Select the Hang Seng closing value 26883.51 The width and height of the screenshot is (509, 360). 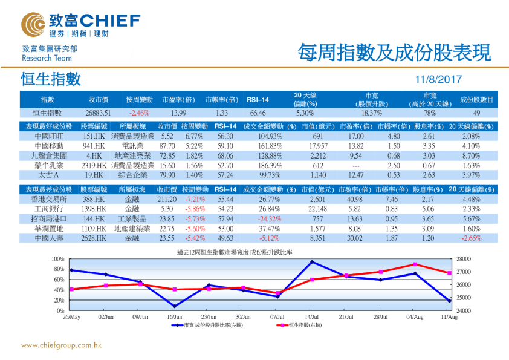pyautogui.click(x=98, y=113)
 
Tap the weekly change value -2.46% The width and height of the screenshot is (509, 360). pyautogui.click(x=139, y=113)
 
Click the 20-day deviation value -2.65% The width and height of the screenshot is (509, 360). pyautogui.click(x=471, y=238)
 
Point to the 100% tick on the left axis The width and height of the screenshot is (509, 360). pyautogui.click(x=58, y=258)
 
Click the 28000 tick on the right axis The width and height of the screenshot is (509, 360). pyautogui.click(x=463, y=258)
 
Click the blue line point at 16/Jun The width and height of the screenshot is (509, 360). pyautogui.click(x=174, y=306)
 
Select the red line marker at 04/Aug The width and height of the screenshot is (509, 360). pyautogui.click(x=415, y=264)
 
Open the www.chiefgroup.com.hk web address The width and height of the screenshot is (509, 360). pyautogui.click(x=61, y=345)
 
